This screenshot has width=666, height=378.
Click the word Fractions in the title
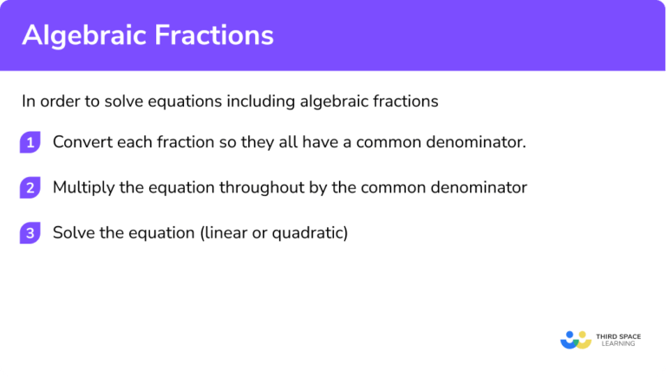point(218,35)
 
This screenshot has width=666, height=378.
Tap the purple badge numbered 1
point(30,143)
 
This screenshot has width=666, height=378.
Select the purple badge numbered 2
point(30,188)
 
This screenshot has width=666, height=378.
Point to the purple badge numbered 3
point(30,233)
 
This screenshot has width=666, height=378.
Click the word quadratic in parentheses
point(310,233)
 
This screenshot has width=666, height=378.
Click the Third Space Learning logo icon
point(576,339)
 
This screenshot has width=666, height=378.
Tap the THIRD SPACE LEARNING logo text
point(618,339)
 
